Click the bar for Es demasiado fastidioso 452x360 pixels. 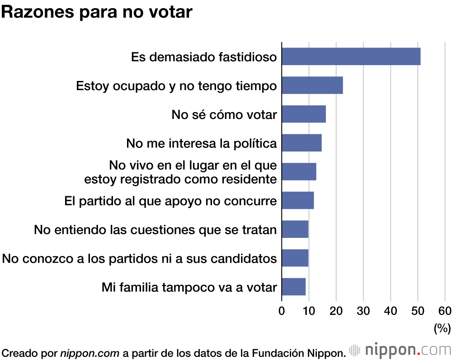coord(351,57)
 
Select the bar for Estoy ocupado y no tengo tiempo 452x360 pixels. coord(312,85)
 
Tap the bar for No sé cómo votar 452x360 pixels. coord(303,114)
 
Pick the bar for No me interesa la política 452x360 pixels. coord(301,143)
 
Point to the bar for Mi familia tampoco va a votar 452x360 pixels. coord(293,287)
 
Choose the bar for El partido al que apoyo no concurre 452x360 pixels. coord(297,200)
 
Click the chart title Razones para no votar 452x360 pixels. coord(97,12)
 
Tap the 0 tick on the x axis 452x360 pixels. coord(282,311)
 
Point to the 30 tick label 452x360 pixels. coord(363,311)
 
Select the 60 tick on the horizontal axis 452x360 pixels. coord(445,311)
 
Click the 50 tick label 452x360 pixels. coord(418,311)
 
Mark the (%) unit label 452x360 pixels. coord(442,328)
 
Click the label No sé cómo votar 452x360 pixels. coord(224,114)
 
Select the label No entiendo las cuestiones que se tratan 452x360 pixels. coord(155,230)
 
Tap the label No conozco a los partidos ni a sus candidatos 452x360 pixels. coord(139,259)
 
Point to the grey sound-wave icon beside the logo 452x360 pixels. coord(355,350)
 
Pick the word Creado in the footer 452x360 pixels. coord(16,352)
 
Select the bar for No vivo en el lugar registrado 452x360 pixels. coord(299,171)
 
